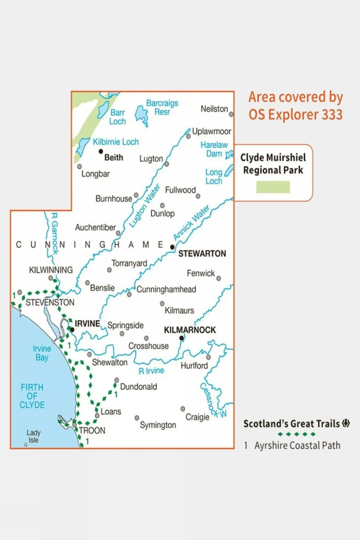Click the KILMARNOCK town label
[190, 330]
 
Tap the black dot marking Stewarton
[172, 247]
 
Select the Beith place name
[113, 158]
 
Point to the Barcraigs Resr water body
[142, 114]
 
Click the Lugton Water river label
[145, 205]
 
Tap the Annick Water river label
[191, 223]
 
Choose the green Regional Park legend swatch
[273, 187]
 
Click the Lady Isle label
[33, 436]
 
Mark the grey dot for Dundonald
[117, 380]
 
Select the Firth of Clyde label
[32, 396]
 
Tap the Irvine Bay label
[42, 353]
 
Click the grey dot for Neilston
[231, 114]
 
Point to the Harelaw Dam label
[214, 149]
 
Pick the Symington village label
[158, 425]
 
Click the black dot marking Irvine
[72, 330]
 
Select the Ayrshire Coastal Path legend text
[297, 445]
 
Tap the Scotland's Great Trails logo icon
[346, 423]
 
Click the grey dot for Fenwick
[218, 278]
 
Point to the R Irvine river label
[151, 371]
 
